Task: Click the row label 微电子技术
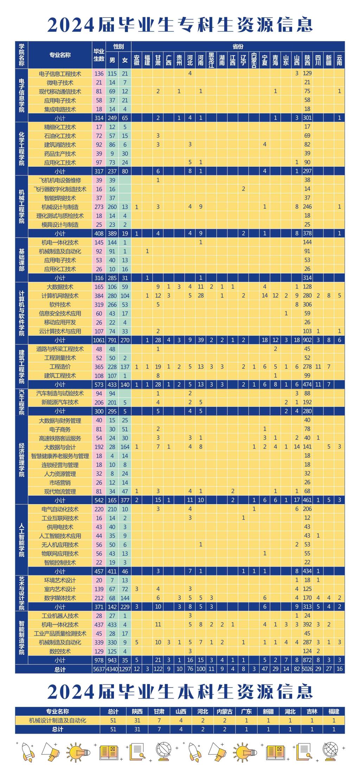pyautogui.click(x=60, y=83)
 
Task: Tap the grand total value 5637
pyautogui.click(x=99, y=669)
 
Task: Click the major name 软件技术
pyautogui.click(x=60, y=304)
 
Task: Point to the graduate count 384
pyautogui.click(x=99, y=296)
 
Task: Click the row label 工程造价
pyautogui.click(x=60, y=367)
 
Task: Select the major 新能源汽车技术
pyautogui.click(x=60, y=402)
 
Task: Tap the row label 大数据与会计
pyautogui.click(x=60, y=447)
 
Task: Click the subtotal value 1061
pyautogui.click(x=99, y=340)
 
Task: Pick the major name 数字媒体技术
pyautogui.click(x=60, y=598)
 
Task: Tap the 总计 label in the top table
pyautogui.click(x=60, y=669)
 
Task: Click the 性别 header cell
pyautogui.click(x=118, y=46)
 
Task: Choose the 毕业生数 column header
pyautogui.click(x=99, y=55)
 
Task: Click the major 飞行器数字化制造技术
pyautogui.click(x=60, y=189)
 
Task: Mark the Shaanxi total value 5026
pyautogui.click(x=308, y=669)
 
